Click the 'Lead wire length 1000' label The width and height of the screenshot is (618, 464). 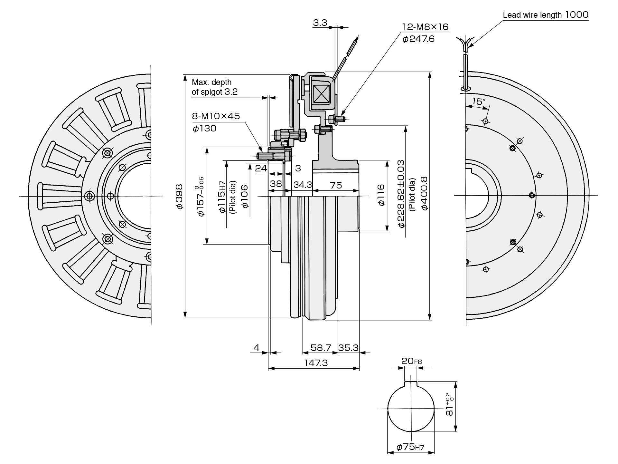(546, 15)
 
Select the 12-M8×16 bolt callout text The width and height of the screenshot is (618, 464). (425, 27)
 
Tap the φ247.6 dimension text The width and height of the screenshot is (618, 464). (418, 39)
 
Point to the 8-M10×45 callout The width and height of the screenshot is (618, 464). (216, 116)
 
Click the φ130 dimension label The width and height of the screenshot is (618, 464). (205, 129)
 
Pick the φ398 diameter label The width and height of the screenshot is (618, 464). (180, 196)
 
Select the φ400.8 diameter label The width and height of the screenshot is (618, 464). (424, 194)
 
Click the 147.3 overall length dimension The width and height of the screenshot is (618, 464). (316, 363)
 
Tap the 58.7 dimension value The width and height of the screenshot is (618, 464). (321, 348)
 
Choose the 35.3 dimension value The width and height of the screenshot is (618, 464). (348, 348)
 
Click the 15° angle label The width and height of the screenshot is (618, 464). (479, 102)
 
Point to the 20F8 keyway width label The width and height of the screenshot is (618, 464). (411, 361)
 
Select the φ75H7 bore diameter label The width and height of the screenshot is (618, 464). (410, 447)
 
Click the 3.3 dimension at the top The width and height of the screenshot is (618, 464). (320, 23)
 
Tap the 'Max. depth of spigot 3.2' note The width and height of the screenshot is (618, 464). (215, 87)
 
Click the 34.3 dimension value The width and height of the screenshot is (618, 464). (303, 185)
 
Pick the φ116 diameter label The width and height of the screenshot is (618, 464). (381, 195)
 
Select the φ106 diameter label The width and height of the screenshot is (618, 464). (245, 196)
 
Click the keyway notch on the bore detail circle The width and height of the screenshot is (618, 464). (411, 383)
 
